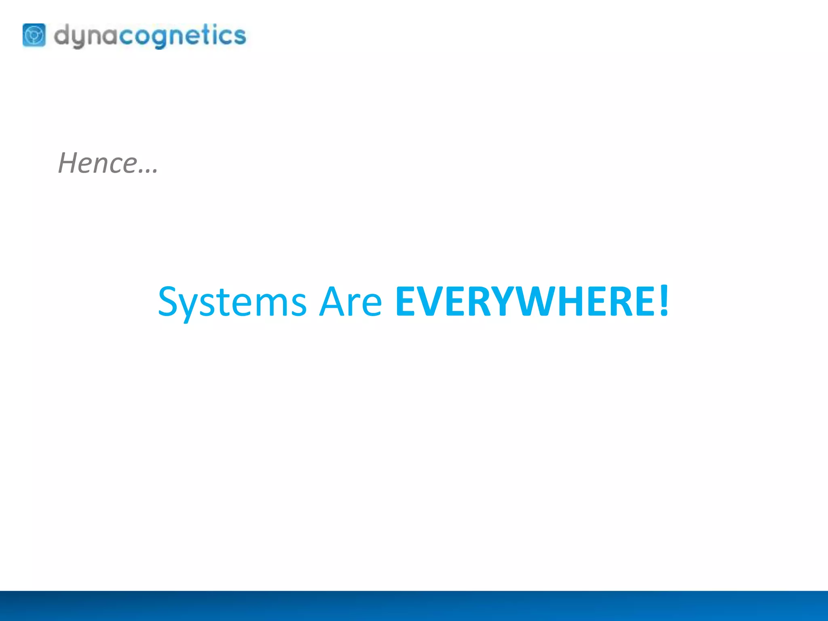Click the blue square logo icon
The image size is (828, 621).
tap(34, 35)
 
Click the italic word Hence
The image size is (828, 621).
tap(98, 163)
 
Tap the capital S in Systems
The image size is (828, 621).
tap(168, 302)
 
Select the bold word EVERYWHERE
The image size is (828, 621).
tap(525, 302)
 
